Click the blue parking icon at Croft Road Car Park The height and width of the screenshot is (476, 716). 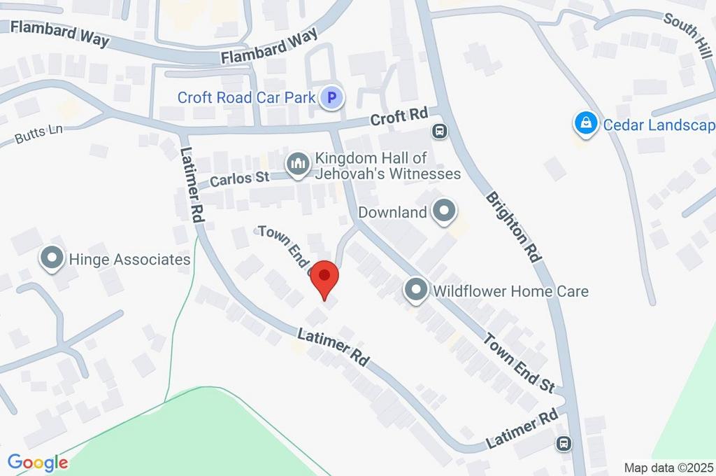332,97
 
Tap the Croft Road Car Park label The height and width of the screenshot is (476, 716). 246,97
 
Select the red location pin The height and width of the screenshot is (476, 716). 324,279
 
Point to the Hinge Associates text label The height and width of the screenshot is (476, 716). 129,260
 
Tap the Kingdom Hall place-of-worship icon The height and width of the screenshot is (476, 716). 298,164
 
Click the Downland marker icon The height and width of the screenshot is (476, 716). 444,211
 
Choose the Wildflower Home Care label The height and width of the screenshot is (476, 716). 510,290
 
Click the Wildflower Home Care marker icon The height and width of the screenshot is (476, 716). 416,290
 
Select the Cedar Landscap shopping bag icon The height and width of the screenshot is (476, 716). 584,125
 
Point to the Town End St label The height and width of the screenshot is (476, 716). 520,362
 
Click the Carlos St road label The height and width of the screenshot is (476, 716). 240,178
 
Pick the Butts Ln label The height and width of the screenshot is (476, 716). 34,135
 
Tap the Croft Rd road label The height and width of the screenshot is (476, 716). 399,118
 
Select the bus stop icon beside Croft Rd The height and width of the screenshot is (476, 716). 440,130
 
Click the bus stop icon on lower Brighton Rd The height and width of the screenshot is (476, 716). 564,443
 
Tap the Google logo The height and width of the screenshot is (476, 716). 38,463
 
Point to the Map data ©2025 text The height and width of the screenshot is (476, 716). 669,468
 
